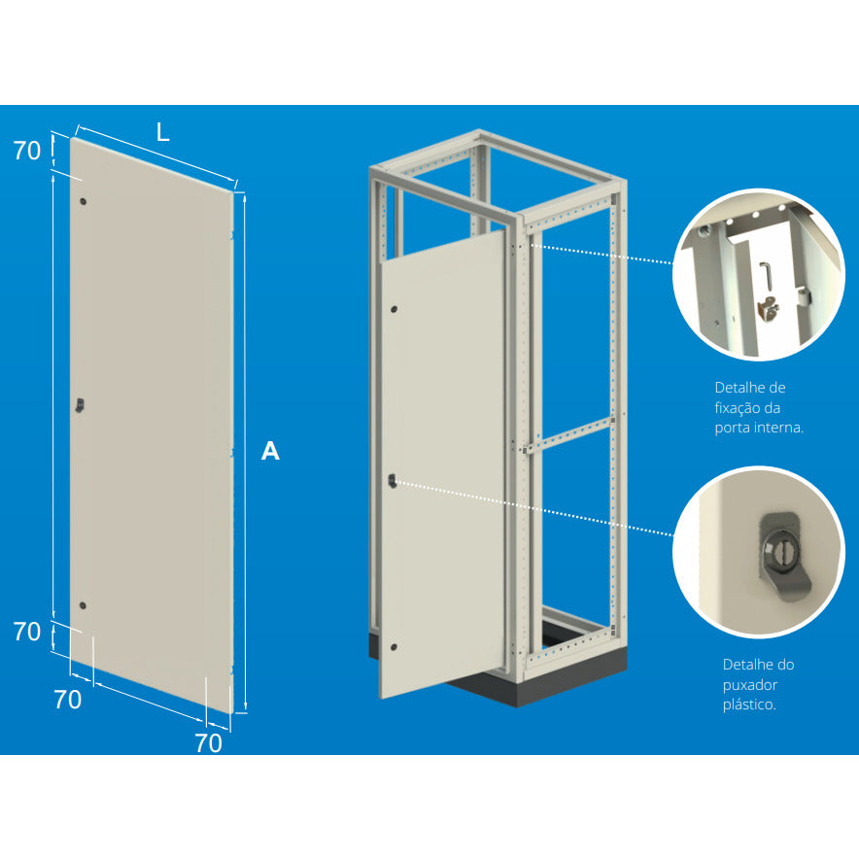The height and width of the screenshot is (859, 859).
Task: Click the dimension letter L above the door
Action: [x=162, y=132]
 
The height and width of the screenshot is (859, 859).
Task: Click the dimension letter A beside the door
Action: [x=270, y=451]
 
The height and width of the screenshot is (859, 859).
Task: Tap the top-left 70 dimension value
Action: [x=27, y=151]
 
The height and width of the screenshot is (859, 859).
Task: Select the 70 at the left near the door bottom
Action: [x=27, y=632]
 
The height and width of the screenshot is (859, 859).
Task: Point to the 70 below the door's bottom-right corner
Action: [x=209, y=743]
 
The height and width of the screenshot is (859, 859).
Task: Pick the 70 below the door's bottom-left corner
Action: [x=68, y=700]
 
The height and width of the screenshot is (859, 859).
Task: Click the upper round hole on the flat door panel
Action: [x=83, y=201]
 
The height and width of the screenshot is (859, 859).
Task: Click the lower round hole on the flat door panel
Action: [x=83, y=606]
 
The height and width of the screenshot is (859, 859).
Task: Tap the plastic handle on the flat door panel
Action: [x=80, y=405]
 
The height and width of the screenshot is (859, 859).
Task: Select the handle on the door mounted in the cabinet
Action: [x=392, y=481]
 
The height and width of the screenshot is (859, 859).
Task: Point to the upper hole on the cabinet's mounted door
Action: [x=394, y=310]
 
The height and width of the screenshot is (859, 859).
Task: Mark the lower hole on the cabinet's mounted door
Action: [x=394, y=647]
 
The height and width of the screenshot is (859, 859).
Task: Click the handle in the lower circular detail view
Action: [x=782, y=556]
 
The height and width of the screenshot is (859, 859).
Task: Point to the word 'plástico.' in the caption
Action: [x=749, y=704]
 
